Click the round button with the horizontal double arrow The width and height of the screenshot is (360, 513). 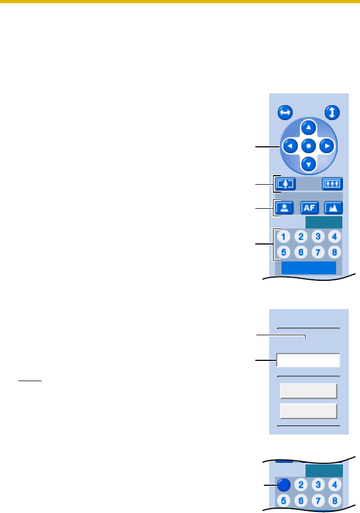[285, 113]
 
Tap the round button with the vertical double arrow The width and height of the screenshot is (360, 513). [333, 113]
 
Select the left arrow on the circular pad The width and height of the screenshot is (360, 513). [290, 146]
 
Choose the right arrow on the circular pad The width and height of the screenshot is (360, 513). [327, 146]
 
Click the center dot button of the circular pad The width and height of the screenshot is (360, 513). [309, 146]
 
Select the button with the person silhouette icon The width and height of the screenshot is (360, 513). [286, 207]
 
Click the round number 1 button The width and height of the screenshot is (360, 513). [285, 236]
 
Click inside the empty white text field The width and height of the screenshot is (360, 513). [308, 360]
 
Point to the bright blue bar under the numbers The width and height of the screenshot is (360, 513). [309, 267]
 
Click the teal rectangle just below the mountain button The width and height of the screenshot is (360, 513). [324, 222]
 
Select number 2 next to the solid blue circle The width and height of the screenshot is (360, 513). [302, 484]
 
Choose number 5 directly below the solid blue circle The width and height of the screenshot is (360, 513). [285, 500]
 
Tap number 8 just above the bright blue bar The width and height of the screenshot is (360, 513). [334, 252]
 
